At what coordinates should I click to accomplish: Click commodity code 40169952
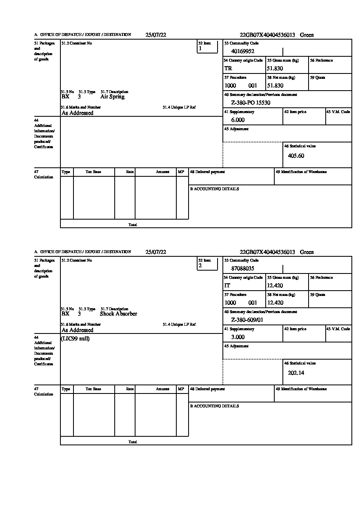[x=242, y=51]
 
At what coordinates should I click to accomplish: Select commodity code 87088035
[x=242, y=269]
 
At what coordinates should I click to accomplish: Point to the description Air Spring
[x=112, y=97]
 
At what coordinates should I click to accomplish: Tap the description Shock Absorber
[x=118, y=314]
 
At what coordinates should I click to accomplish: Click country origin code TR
[x=228, y=69]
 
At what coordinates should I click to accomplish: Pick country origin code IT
[x=227, y=286]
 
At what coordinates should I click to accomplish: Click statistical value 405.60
[x=296, y=156]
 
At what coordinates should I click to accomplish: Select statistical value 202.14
[x=296, y=373]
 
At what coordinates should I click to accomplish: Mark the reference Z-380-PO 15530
[x=251, y=103]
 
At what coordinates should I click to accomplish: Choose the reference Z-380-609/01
[x=247, y=320]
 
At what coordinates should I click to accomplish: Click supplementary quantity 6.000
[x=238, y=120]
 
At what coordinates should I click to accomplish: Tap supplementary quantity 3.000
[x=238, y=337]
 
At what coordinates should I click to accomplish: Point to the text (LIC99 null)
[x=76, y=339]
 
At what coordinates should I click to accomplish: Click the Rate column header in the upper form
[x=130, y=172]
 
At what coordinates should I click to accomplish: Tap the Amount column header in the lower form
[x=162, y=389]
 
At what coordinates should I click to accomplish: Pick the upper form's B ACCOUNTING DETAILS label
[x=214, y=189]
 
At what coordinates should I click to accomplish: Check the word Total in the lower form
[x=133, y=442]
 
